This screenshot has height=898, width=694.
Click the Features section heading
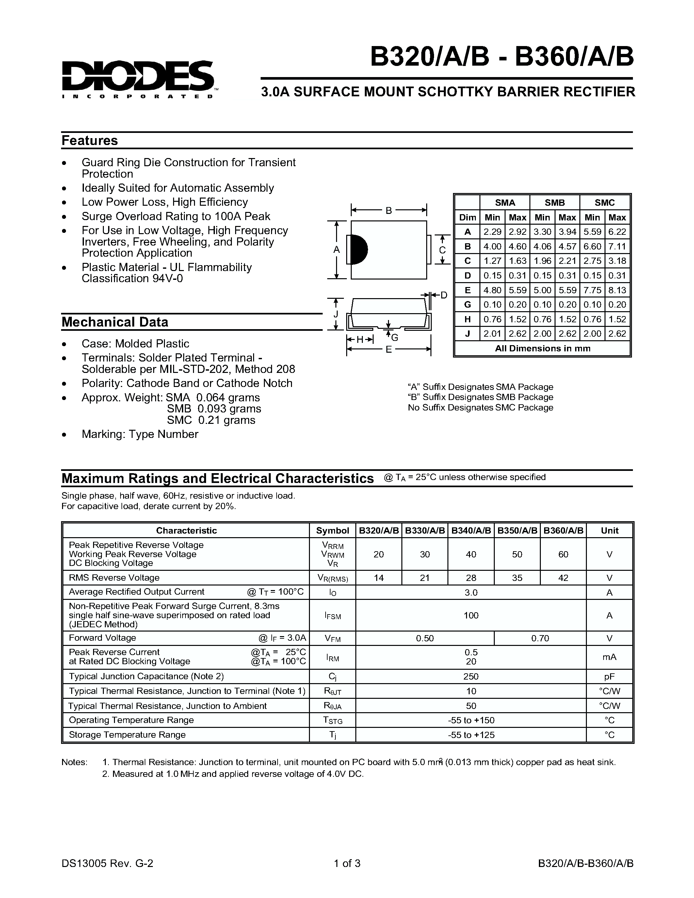point(89,141)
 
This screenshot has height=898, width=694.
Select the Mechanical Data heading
point(115,322)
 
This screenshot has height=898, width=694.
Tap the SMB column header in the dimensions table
point(555,203)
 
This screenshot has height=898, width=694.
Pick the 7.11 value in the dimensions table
point(617,247)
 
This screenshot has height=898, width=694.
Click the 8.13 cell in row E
point(617,290)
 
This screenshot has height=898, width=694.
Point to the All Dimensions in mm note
point(542,349)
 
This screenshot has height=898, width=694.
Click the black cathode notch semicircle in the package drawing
point(360,249)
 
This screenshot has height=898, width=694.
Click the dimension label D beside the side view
point(444,295)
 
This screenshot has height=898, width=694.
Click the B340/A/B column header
point(471,530)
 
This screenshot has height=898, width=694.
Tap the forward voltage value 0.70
point(540,638)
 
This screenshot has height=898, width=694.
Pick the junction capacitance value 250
point(471,676)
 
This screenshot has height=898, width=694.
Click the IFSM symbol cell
point(332,616)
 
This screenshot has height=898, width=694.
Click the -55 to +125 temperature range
point(471,735)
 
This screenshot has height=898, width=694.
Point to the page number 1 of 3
point(347,863)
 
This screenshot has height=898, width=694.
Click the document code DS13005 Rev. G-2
point(107,863)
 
